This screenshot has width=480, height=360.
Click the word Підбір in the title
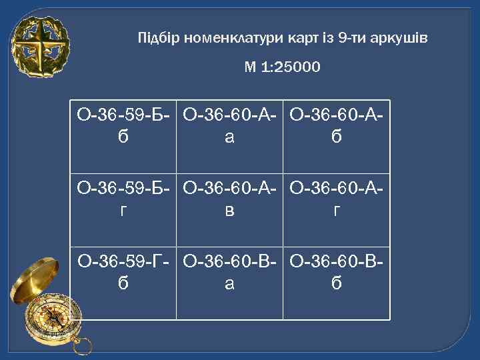click(x=154, y=37)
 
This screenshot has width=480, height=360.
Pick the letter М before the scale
click(x=251, y=67)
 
